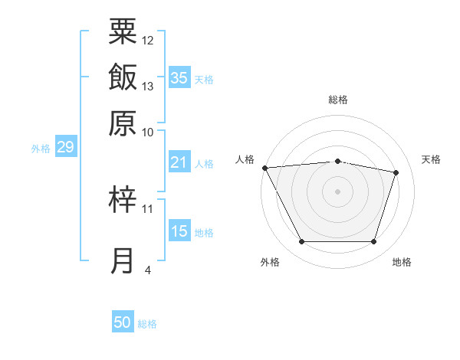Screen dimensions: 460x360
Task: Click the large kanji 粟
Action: point(123,31)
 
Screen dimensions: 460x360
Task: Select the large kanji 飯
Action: point(123,77)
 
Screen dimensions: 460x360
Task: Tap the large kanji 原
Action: point(123,123)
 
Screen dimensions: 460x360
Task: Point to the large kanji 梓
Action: point(123,199)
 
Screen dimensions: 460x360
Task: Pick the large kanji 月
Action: point(122,260)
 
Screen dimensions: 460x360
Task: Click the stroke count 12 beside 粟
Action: point(147,41)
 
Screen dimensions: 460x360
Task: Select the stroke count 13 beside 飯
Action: point(147,87)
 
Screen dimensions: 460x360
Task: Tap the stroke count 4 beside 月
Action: point(148,270)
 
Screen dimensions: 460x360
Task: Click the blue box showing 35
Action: point(180,77)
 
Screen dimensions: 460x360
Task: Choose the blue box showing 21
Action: point(180,162)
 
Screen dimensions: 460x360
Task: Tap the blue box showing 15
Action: point(180,230)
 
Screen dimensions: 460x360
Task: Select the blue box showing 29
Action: point(66,146)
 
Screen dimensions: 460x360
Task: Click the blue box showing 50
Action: point(123,321)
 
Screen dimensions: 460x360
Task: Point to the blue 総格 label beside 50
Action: point(147,324)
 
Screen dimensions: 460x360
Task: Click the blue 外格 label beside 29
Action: point(41,149)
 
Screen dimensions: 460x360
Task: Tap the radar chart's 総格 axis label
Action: point(338,100)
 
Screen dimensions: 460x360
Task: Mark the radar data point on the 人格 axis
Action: point(265,168)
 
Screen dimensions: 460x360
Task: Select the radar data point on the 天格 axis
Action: point(396,172)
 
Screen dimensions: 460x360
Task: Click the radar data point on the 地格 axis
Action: point(374,242)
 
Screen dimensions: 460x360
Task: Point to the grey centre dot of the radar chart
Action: point(337,191)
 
